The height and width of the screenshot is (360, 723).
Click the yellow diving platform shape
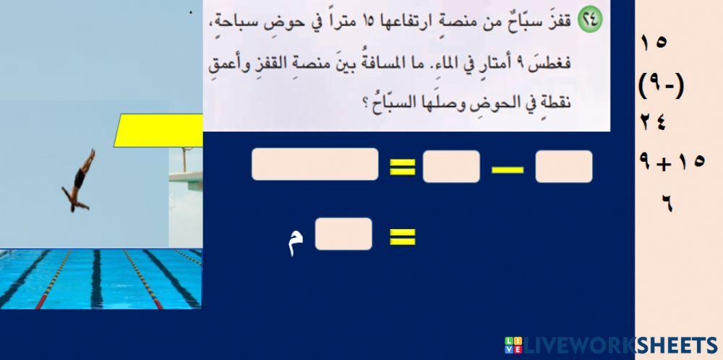[x=159, y=130]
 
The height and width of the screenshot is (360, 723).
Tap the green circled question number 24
[x=591, y=21]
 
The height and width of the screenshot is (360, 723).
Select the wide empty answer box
[x=315, y=164]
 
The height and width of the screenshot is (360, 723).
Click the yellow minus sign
[x=508, y=169]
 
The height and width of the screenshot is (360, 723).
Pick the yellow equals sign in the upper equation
[x=403, y=167]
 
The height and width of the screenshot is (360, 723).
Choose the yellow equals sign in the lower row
[x=403, y=236]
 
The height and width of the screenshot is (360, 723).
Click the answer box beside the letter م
[x=343, y=234]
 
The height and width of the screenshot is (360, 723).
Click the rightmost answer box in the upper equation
[x=564, y=166]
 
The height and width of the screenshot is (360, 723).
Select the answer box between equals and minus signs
[x=451, y=166]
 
